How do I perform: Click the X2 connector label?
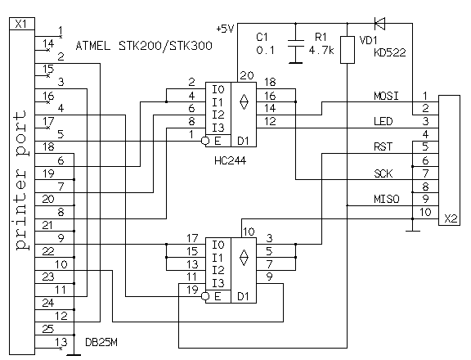coord(449,219)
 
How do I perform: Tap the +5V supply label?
coord(226,29)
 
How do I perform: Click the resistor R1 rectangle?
coord(347,50)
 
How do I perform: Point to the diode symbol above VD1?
coord(377,23)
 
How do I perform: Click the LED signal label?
coord(380,122)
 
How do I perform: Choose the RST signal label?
coord(380,148)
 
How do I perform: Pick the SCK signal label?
coord(380,173)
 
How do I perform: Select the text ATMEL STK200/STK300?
coord(145,47)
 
